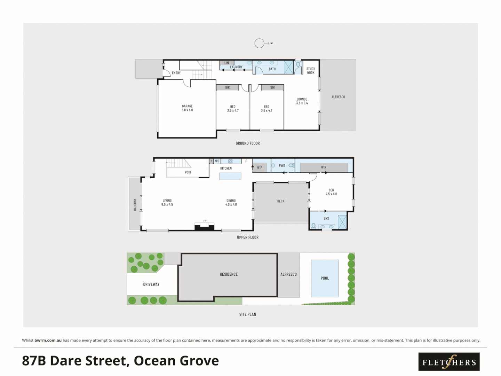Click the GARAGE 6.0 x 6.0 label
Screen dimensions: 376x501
tap(187, 108)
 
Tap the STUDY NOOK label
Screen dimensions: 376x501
tap(311, 71)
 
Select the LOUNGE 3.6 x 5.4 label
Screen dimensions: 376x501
tap(302, 101)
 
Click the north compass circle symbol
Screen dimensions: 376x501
tap(259, 43)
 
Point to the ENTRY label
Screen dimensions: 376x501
tap(176, 73)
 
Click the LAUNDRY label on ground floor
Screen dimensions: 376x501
tap(236, 67)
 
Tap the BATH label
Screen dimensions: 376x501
tap(272, 69)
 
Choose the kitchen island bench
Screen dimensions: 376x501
tap(230, 176)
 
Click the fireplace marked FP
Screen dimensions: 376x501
tap(205, 227)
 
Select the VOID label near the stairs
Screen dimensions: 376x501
tap(188, 172)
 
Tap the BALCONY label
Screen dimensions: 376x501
tap(135, 204)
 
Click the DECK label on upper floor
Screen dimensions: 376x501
tap(281, 201)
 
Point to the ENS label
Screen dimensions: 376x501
tap(326, 219)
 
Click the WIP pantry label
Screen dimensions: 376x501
tap(260, 168)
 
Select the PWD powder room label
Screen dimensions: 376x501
tap(282, 166)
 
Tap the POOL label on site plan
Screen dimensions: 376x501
tap(325, 278)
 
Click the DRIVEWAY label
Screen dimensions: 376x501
tap(151, 284)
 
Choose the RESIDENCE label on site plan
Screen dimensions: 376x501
tap(229, 274)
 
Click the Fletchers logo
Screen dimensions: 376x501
tap(449, 362)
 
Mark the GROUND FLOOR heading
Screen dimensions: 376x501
tap(248, 143)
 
